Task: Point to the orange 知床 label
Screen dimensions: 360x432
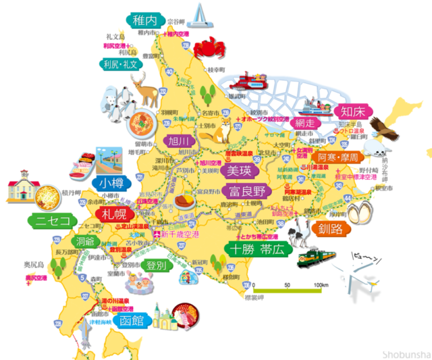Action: pos(354,111)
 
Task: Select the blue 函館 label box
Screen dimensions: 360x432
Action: pos(130,320)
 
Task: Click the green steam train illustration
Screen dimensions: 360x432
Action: pos(314,256)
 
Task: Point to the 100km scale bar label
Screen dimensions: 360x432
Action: pos(312,286)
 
